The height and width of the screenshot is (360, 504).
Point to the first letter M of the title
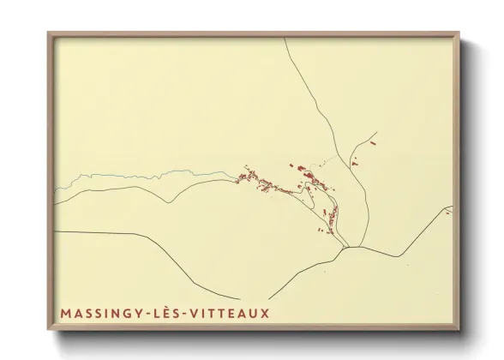tap(66, 313)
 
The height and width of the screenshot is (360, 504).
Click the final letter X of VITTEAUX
tap(265, 313)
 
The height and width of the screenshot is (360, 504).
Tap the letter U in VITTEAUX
tap(254, 313)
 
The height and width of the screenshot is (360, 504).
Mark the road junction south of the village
tap(346, 248)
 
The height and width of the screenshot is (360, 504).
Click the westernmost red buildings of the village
tap(242, 177)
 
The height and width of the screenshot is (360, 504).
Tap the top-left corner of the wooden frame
tap(49, 33)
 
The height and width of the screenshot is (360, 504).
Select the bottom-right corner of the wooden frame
tap(459, 330)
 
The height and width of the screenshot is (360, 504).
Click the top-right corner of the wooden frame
tap(459, 33)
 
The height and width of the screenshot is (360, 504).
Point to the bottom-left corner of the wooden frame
tap(49, 330)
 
